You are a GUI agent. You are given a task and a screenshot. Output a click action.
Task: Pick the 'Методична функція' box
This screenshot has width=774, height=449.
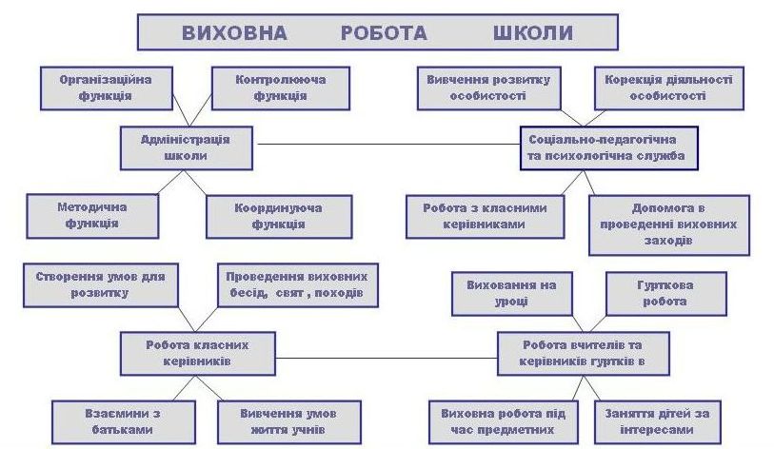pos(92,215)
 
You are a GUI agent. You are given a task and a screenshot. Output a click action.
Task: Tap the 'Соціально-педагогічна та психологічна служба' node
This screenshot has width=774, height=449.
pos(606,146)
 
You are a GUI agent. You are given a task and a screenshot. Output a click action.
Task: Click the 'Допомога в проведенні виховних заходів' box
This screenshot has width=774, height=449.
pos(658,224)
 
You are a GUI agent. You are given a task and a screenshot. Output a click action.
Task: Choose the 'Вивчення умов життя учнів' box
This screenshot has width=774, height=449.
pos(288,421)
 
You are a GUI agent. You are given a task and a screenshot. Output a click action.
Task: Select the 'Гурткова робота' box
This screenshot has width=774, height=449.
pos(666,293)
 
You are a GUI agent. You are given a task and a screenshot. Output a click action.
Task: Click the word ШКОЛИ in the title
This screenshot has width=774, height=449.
pos(532,32)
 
